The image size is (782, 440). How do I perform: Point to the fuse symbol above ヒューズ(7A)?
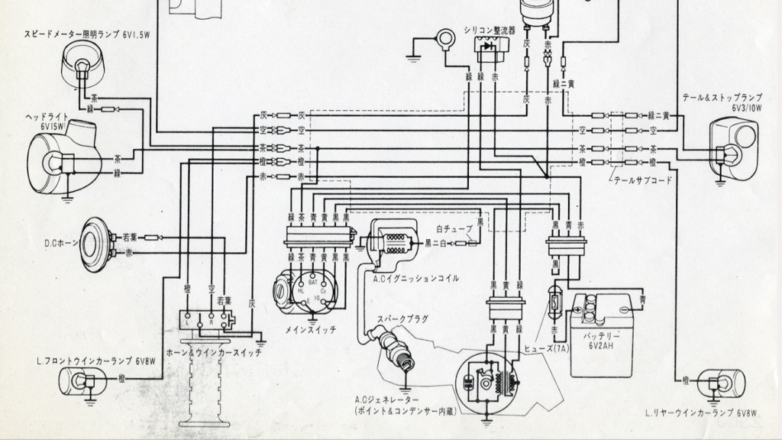[x=556, y=302]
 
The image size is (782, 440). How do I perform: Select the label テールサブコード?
[x=642, y=181]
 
